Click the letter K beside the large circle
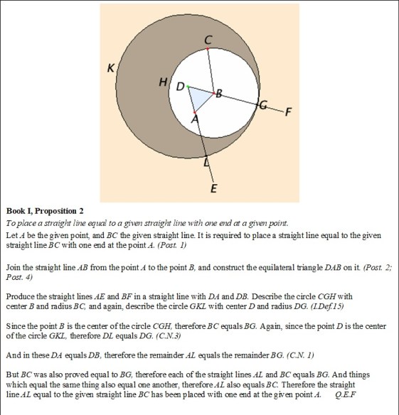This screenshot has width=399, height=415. pos(110,68)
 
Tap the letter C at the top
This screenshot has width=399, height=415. pos(208,40)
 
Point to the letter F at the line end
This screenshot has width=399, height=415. pos(287,112)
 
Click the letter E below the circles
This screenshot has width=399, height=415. pos(213,188)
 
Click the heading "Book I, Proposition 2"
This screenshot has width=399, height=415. pos(45,211)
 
